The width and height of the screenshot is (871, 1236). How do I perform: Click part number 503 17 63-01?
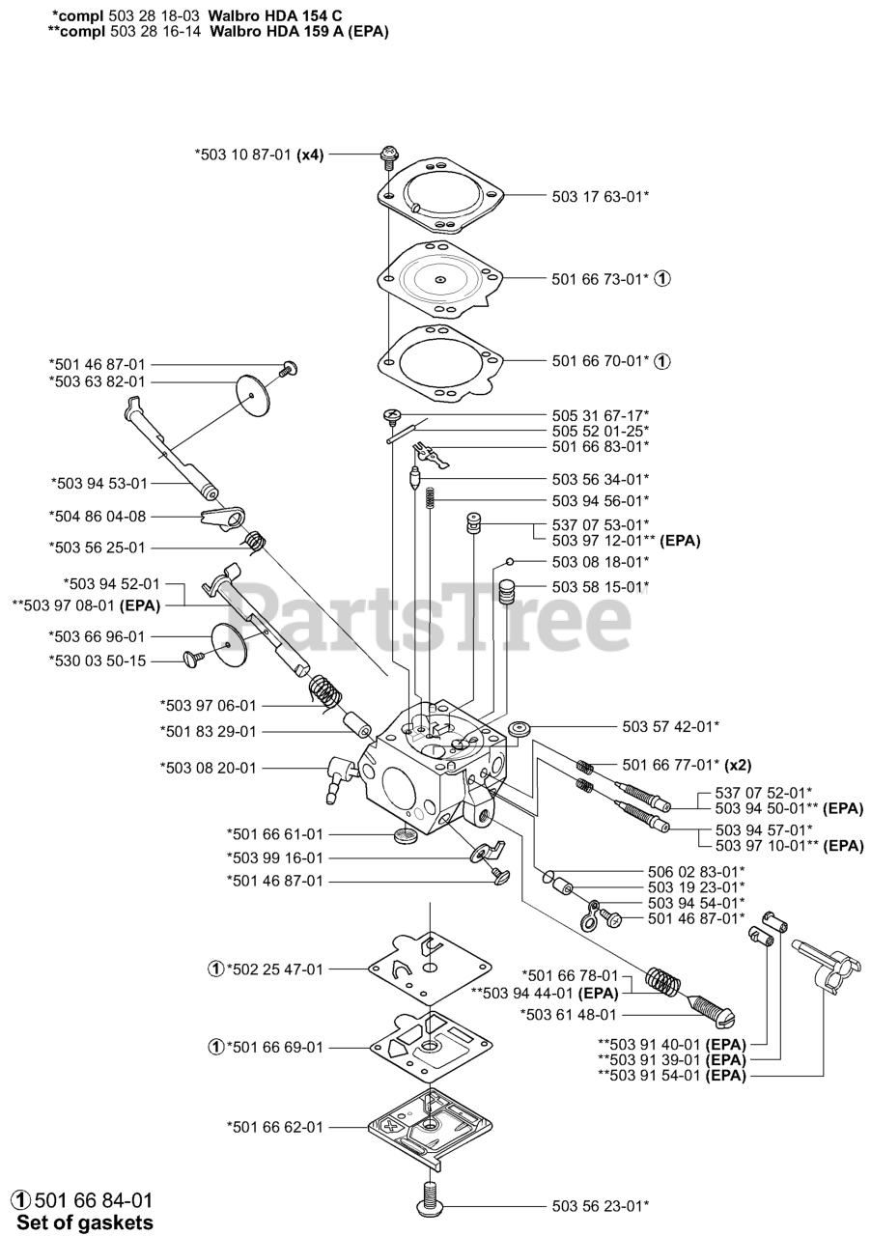[x=600, y=196]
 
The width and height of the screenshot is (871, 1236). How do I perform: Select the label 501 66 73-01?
[x=600, y=279]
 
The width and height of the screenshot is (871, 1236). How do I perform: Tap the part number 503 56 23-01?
[x=600, y=1204]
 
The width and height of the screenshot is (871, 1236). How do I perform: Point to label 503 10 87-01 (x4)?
[x=259, y=154]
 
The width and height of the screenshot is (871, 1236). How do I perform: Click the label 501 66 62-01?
[x=275, y=1127]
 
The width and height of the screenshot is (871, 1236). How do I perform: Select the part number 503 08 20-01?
[x=208, y=769]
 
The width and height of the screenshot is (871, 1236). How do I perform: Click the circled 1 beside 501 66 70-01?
[x=661, y=361]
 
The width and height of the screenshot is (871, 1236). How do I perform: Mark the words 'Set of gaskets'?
[x=85, y=1222]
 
